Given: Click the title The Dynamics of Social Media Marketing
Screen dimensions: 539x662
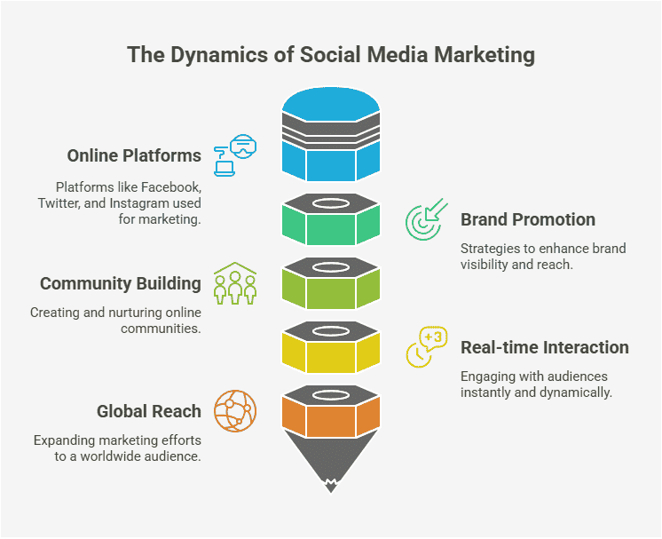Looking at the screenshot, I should click(x=331, y=55).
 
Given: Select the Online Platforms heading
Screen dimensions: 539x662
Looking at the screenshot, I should click(x=134, y=155).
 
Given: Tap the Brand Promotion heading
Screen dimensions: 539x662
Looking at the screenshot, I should click(x=527, y=219).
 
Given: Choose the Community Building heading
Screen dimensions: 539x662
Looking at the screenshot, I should click(x=121, y=284).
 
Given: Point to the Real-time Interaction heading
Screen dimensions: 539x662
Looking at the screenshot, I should click(x=544, y=347).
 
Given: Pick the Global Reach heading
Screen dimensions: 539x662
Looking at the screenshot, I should click(x=149, y=411).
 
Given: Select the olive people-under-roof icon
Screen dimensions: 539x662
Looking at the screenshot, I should click(x=234, y=283).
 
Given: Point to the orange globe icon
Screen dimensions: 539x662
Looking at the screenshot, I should click(x=234, y=410).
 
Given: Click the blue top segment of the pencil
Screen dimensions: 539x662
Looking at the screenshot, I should click(x=331, y=160).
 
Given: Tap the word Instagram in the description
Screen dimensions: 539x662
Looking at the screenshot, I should click(x=149, y=203).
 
